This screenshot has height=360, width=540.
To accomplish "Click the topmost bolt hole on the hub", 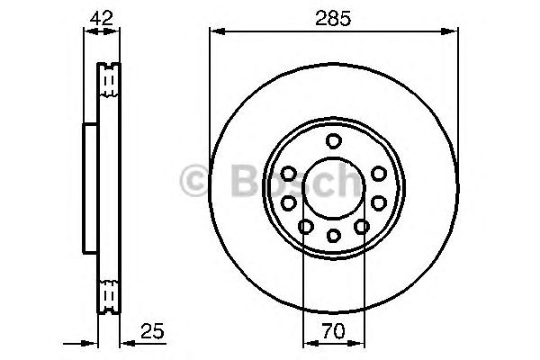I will pos(334,140).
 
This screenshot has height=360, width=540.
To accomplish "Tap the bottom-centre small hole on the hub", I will pos(334,236).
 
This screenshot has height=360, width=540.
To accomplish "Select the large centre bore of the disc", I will pos(333,188).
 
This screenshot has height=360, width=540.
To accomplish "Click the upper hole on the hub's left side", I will pos(289,174).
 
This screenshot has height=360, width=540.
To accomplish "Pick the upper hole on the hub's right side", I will pos(378,174).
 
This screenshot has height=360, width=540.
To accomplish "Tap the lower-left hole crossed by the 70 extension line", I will pos(305,228).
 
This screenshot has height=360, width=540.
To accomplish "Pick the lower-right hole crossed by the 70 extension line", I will pos(362,228).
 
